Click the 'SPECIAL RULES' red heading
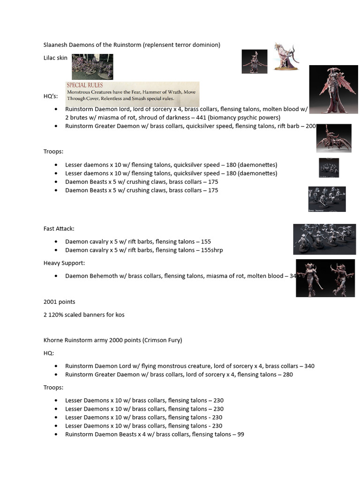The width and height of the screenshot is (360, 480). coord(85,85)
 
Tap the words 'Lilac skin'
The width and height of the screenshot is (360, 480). coord(55,58)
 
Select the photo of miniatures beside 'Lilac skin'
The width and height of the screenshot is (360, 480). coord(92,67)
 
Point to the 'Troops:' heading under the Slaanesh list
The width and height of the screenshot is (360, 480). coord(53,152)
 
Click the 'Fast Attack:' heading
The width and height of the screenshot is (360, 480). coord(59,229)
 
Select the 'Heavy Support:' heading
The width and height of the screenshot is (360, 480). coord(64,263)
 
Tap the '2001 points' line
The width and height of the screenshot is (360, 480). coord(59,301)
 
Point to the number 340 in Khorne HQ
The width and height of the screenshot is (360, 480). coord(309,366)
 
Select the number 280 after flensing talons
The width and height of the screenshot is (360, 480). coord(287,375)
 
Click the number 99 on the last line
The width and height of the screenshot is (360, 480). coord(240,435)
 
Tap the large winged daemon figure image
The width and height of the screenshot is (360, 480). coord(334,89)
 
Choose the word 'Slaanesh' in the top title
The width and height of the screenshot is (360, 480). coord(56,45)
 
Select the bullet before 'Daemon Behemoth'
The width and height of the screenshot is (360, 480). coord(56,276)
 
